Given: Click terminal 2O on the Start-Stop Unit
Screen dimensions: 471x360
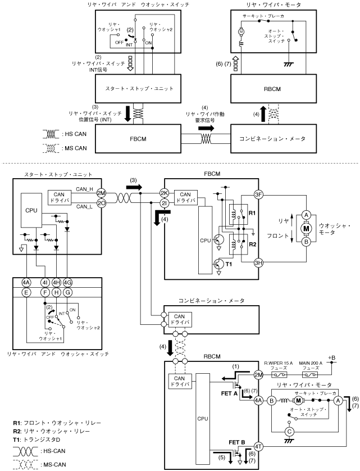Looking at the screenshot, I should coord(102,203).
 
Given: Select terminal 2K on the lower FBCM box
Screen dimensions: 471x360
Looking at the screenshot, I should coord(165,193).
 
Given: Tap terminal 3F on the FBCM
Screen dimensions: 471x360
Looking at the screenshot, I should coord(259,195).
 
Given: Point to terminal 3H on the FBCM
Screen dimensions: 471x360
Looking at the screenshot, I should coord(259,262).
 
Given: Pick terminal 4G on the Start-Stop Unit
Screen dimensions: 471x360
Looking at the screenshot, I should coord(68,282).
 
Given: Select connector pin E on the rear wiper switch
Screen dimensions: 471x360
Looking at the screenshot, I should coord(26,293).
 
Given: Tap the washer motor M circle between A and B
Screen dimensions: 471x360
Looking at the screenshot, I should coord(307,228).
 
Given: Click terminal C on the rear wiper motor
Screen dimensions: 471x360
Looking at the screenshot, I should coord(306,431).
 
